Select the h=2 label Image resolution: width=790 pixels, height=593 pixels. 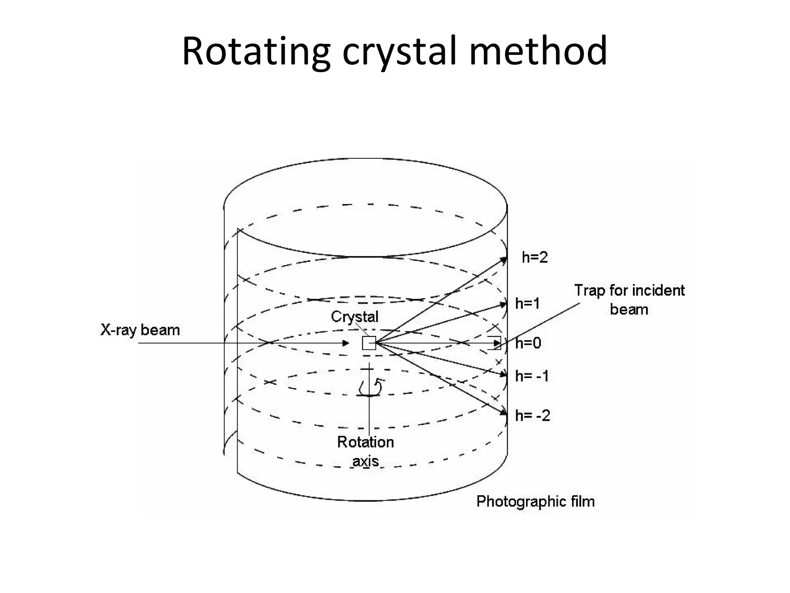coord(535,258)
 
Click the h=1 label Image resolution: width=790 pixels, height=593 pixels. coord(528,304)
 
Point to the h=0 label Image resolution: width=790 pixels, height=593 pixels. coord(528,343)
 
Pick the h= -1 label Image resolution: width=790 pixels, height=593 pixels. coord(532,376)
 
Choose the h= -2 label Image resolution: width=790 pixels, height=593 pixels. coord(532,416)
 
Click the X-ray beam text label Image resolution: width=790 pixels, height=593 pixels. coord(140,330)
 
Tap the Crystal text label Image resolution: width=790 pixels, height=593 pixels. coord(354,317)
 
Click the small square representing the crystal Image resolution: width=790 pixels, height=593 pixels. coord(369,343)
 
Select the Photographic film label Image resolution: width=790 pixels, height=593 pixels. coord(535,502)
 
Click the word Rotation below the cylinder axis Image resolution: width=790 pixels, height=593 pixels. coord(365,442)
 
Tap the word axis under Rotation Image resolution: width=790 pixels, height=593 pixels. coord(365,461)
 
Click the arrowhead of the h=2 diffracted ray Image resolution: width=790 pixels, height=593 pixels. coord(504,260)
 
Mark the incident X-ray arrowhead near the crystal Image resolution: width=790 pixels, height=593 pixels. coord(346,343)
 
